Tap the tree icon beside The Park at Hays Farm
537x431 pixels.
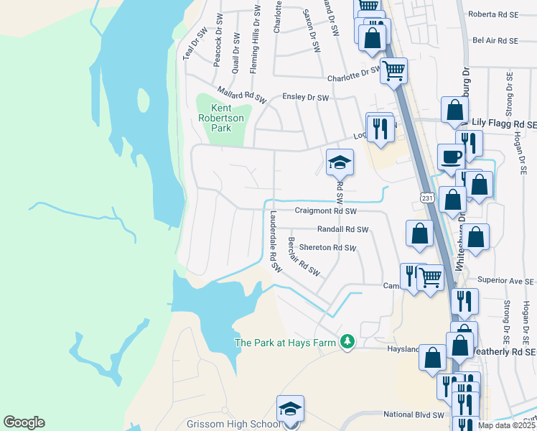click(x=347, y=342)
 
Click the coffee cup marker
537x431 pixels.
click(x=452, y=156)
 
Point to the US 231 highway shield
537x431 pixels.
click(x=426, y=196)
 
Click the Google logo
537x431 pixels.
click(x=24, y=422)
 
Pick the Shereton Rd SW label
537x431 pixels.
click(x=327, y=248)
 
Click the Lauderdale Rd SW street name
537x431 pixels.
click(x=273, y=241)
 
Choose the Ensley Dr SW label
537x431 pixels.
click(x=305, y=97)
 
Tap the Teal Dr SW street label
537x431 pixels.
click(x=195, y=42)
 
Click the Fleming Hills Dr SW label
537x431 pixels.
click(x=254, y=40)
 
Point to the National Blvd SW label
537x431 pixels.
click(x=414, y=414)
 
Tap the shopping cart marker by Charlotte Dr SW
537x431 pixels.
click(x=394, y=71)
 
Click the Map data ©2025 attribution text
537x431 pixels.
click(x=507, y=425)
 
